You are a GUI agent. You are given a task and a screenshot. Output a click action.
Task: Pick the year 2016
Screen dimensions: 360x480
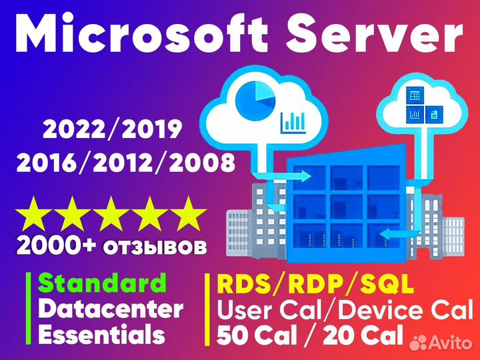tap(51, 162)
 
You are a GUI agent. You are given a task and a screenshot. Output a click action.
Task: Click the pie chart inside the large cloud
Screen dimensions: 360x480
tap(253, 99)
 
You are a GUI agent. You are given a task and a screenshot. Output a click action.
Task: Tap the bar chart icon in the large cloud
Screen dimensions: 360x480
tap(293, 121)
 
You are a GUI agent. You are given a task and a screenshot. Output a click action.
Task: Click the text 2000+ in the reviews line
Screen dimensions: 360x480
tap(51, 246)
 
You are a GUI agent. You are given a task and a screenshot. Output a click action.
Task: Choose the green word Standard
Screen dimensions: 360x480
tap(102, 283)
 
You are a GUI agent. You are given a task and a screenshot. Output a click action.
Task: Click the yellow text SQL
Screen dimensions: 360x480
tap(386, 285)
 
